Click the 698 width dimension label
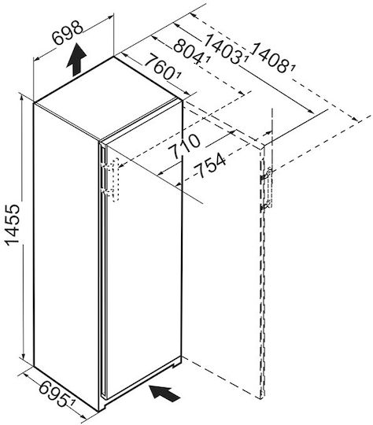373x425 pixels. pyautogui.click(x=67, y=32)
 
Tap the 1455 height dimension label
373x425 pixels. pyautogui.click(x=13, y=224)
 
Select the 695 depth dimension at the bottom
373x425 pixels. pyautogui.click(x=54, y=393)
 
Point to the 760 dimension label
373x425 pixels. pyautogui.click(x=160, y=67)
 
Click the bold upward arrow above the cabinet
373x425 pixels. pyautogui.click(x=76, y=59)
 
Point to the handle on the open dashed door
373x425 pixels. pyautogui.click(x=269, y=187)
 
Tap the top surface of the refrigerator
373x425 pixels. pyautogui.click(x=109, y=99)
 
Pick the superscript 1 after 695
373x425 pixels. pyautogui.click(x=72, y=401)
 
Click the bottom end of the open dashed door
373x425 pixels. pyautogui.click(x=261, y=398)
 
